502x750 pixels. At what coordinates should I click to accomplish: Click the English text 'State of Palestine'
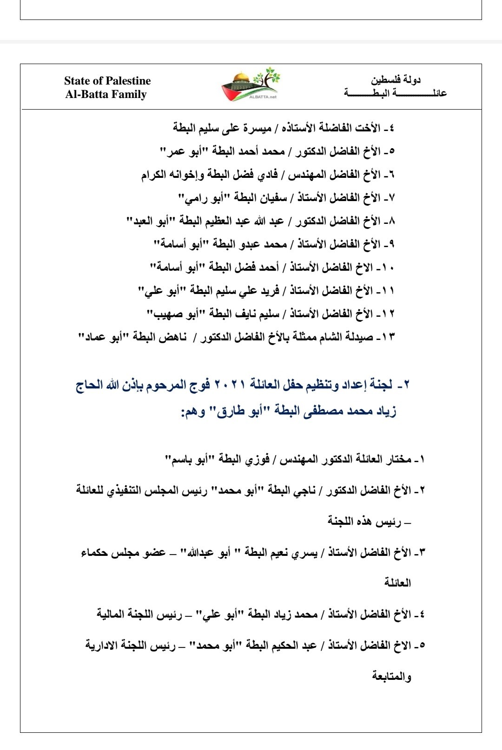point(107,81)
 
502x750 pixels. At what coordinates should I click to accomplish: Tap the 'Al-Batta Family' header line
point(106,94)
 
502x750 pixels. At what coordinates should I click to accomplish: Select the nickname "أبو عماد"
point(97,337)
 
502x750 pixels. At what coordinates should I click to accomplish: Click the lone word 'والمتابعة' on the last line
point(391,676)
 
